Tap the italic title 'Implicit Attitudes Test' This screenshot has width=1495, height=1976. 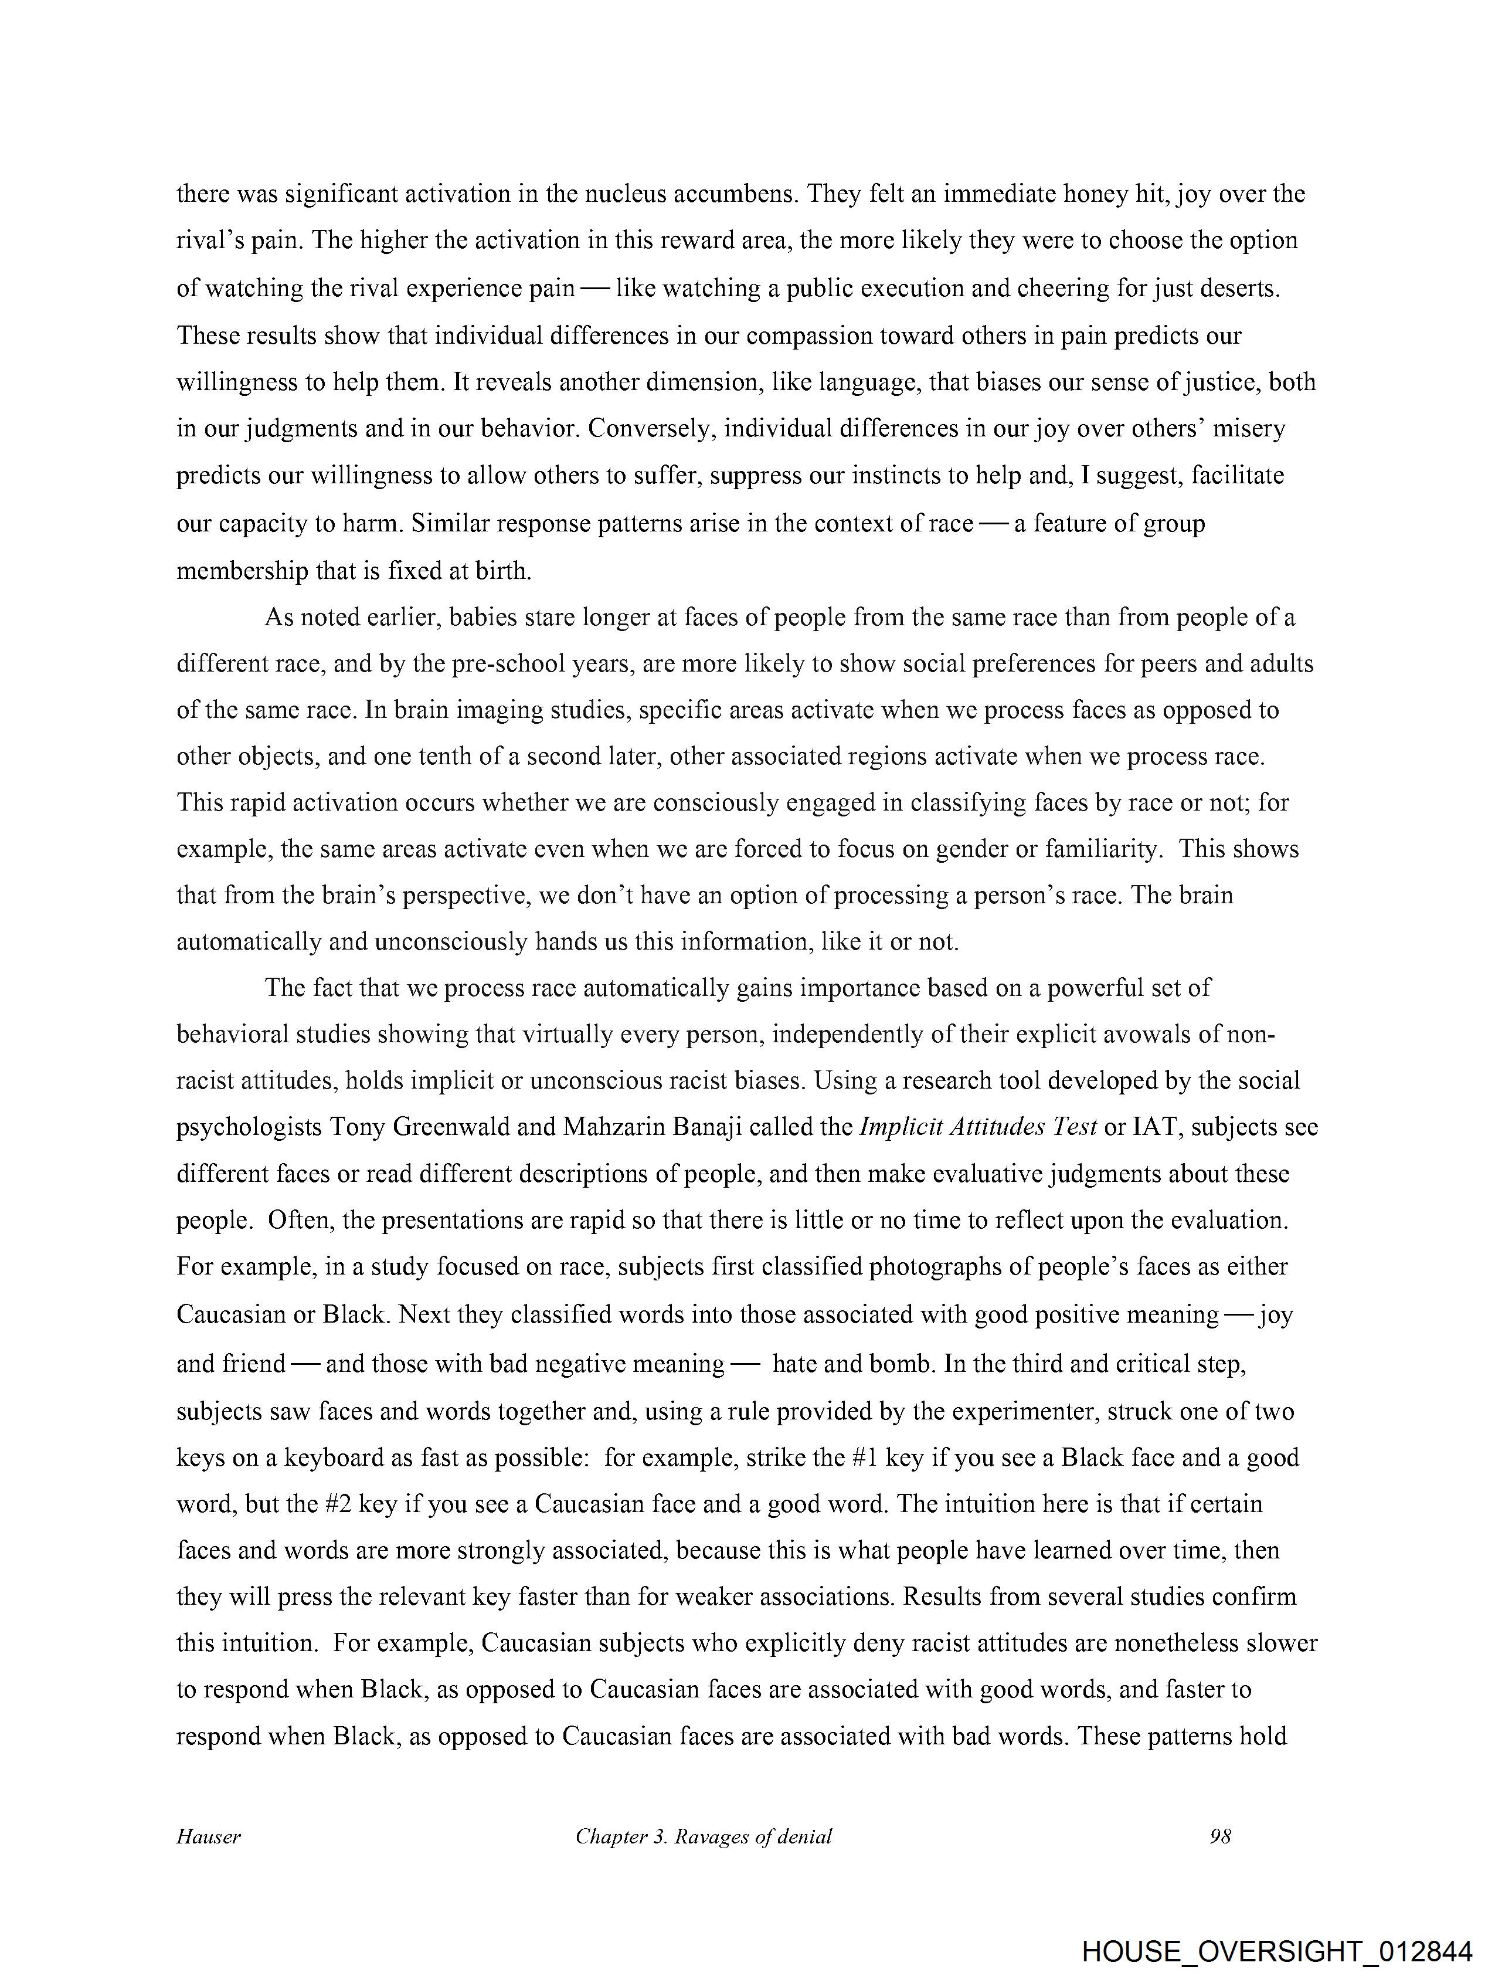coord(978,1127)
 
